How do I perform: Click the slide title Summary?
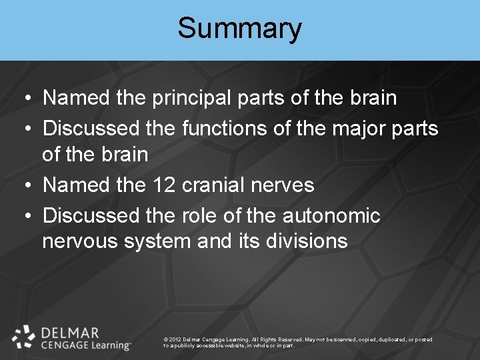(x=239, y=29)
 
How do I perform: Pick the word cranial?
(x=217, y=185)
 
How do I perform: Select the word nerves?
(x=286, y=185)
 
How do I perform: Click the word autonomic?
(x=331, y=215)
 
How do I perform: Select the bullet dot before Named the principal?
(x=24, y=99)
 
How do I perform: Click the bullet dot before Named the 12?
(x=24, y=185)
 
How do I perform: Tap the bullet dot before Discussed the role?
(x=24, y=216)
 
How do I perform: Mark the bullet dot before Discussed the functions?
(x=24, y=128)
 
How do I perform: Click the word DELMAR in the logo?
(x=70, y=333)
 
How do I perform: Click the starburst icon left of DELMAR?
(x=23, y=337)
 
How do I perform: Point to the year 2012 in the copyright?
(x=177, y=339)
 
